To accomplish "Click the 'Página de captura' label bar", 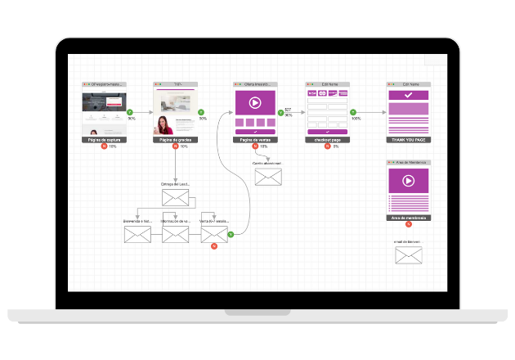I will [105, 140].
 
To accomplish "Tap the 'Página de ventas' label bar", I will [255, 140].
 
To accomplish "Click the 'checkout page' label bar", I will [328, 140].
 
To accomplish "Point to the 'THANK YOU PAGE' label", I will [409, 140].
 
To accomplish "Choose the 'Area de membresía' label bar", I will [409, 218].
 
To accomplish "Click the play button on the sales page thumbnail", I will [255, 103].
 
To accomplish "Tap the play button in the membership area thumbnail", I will [409, 181].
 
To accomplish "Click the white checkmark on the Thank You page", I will [409, 96].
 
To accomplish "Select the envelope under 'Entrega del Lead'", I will [175, 197].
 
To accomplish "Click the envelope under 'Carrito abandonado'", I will [268, 177].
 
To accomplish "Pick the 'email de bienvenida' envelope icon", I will [408, 255].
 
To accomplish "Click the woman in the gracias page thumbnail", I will [163, 125].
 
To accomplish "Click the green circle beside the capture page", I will [130, 112].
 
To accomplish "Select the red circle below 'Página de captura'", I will [104, 146].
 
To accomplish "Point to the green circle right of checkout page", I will [353, 112].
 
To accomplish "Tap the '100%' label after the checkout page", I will [356, 119].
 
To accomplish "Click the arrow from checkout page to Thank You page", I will [372, 112].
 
